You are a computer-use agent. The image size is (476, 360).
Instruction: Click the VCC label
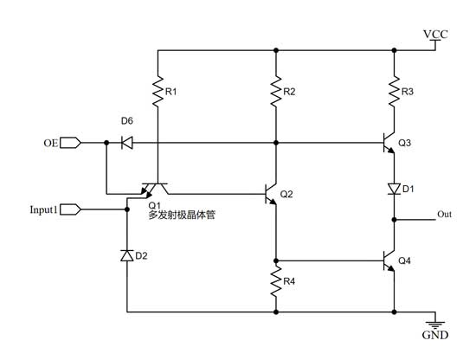434,34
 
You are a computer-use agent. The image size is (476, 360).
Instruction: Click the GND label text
434,335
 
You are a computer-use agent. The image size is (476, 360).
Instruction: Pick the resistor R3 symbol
394,90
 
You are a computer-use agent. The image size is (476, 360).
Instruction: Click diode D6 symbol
127,142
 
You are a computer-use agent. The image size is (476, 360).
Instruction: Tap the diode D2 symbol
127,255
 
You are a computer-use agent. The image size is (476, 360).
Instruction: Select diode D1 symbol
394,188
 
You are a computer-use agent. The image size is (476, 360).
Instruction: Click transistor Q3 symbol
389,143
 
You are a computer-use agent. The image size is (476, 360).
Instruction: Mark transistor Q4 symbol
389,259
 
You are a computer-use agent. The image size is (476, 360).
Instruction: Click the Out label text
444,214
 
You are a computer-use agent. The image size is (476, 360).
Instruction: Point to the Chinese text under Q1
182,215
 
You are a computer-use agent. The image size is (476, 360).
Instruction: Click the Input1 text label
44,209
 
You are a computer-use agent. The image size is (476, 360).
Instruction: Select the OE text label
50,142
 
